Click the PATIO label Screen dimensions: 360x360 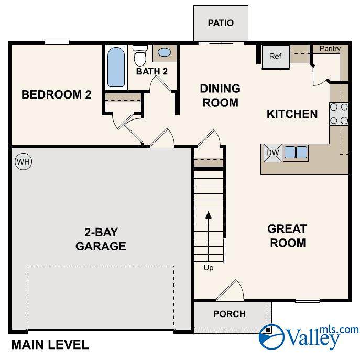pyautogui.click(x=221, y=23)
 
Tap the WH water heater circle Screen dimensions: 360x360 pyautogui.click(x=24, y=161)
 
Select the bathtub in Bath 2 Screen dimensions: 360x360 pyautogui.click(x=116, y=67)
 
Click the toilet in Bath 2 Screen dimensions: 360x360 pyautogui.click(x=140, y=56)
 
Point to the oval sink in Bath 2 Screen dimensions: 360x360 pyautogui.click(x=165, y=52)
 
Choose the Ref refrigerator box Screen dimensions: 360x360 pyautogui.click(x=276, y=57)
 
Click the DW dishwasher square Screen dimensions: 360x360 pyautogui.click(x=273, y=153)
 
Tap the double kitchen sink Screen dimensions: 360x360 pyautogui.click(x=296, y=152)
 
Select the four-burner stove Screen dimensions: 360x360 pyautogui.click(x=339, y=114)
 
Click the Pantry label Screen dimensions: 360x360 pyautogui.click(x=330, y=49)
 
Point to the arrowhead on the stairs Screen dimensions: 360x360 pyautogui.click(x=208, y=215)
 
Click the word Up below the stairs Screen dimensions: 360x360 pyautogui.click(x=209, y=268)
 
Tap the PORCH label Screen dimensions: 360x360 pyautogui.click(x=230, y=314)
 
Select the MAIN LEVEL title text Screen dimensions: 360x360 pyautogui.click(x=50, y=345)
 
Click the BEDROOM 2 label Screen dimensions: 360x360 pyautogui.click(x=57, y=95)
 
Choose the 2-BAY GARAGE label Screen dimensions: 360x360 pyautogui.click(x=101, y=239)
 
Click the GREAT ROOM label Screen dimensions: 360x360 pyautogui.click(x=288, y=236)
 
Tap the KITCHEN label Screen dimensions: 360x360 pyautogui.click(x=292, y=114)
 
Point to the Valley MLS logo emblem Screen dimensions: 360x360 pyautogui.click(x=271, y=336)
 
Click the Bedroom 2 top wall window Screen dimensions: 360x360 pyautogui.click(x=57, y=42)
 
